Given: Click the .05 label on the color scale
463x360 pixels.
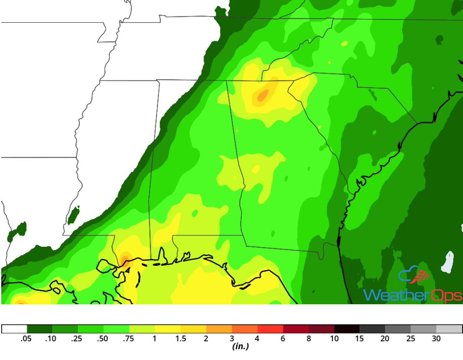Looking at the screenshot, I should tap(26, 339).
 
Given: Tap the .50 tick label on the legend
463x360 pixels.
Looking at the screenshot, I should tap(103, 339).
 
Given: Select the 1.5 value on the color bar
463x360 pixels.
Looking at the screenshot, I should tap(181, 339).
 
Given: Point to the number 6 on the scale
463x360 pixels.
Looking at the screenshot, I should tap(283, 339).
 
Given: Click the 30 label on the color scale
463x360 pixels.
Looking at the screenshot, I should tap(436, 339).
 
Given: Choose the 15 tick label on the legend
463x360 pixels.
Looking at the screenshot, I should tap(359, 339).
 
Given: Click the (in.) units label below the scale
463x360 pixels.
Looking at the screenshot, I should tap(240, 347).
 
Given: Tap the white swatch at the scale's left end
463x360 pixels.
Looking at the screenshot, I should tap(14, 329).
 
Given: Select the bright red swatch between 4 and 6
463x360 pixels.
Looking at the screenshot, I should tap(270, 329).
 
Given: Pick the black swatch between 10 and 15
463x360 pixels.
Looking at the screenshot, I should tap(347, 329).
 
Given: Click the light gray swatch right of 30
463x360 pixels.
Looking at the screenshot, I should tap(449, 329).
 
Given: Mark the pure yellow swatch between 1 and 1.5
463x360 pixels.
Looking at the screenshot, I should tap(168, 329).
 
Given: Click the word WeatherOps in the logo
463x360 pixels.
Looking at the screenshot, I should tap(412, 295).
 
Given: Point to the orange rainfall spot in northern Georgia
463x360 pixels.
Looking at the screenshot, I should tap(262, 96).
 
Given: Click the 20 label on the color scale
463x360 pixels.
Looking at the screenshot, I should tap(385, 339).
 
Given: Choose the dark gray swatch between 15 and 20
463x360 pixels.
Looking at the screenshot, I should tap(372, 329).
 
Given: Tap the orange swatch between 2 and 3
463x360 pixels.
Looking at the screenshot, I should tap(219, 329).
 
